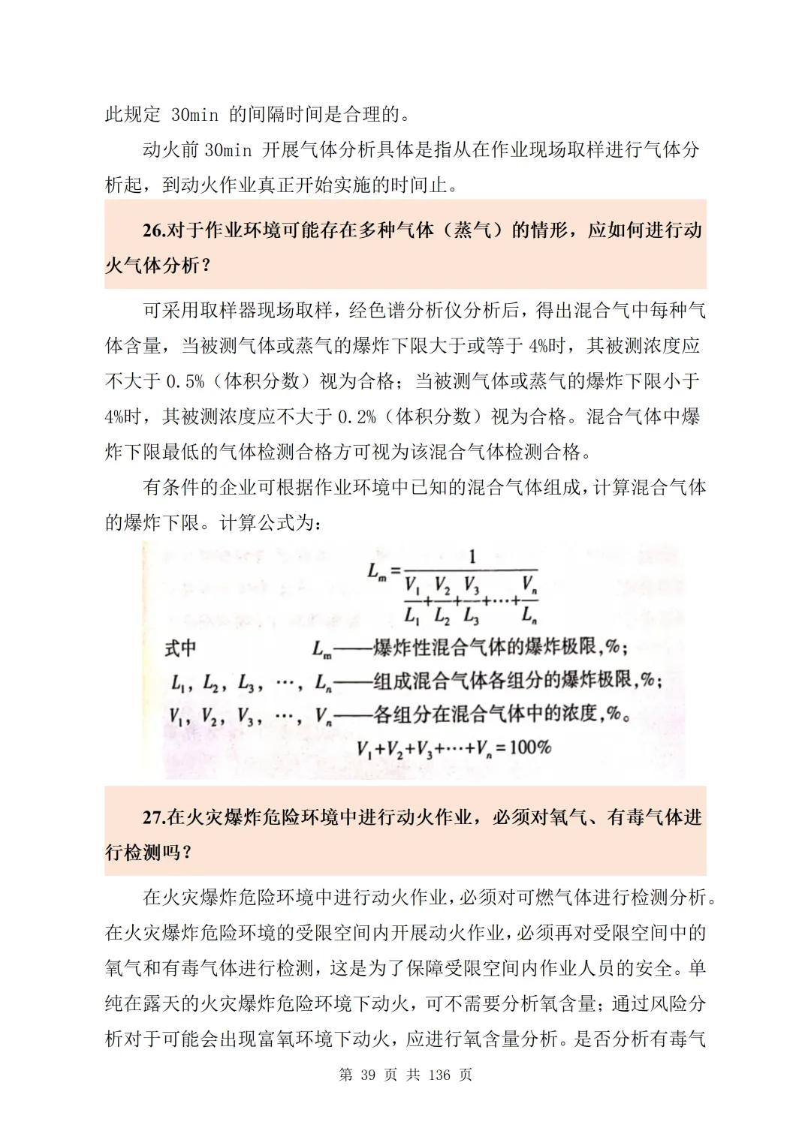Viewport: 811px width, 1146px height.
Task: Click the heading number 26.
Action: click(x=153, y=230)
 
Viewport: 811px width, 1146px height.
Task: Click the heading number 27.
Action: click(x=153, y=817)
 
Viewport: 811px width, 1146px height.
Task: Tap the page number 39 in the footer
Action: click(x=368, y=1075)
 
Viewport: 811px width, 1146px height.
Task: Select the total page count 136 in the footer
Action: click(x=439, y=1075)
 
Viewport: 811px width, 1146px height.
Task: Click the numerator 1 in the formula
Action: click(x=472, y=557)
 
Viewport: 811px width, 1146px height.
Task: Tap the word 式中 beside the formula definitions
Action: click(x=180, y=648)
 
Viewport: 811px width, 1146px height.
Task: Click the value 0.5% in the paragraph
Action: click(x=185, y=381)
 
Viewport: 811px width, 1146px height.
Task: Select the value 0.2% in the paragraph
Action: click(x=357, y=417)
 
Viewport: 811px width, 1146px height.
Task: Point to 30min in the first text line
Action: click(x=194, y=115)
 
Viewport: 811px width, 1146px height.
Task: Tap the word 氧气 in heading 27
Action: click(x=568, y=817)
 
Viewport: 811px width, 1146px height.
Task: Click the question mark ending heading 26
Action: click(x=206, y=266)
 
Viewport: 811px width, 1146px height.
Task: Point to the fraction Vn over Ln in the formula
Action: click(x=529, y=599)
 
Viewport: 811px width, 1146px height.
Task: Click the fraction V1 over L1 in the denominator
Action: click(x=412, y=599)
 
